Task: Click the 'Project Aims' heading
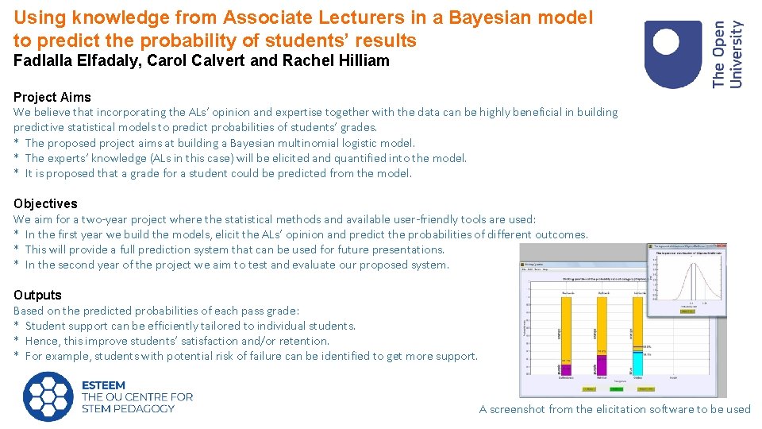(52, 97)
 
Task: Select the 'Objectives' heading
(45, 203)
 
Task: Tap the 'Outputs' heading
(37, 295)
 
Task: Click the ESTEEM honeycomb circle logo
(48, 396)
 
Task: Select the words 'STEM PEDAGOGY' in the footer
(128, 408)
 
